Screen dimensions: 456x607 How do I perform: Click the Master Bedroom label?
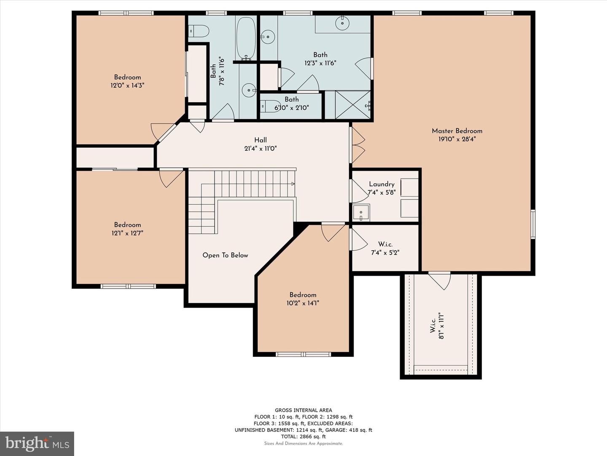[x=457, y=131]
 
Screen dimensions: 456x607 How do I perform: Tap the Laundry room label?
[x=381, y=184]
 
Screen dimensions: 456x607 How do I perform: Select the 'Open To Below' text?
[x=225, y=255]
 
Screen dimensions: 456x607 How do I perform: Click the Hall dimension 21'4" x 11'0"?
[x=260, y=149]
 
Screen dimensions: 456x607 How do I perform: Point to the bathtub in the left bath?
[x=246, y=38]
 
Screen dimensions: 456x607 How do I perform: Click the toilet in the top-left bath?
[x=199, y=31]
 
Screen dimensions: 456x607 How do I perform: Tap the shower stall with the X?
[x=347, y=105]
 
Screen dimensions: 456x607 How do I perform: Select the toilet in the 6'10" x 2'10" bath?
[x=269, y=106]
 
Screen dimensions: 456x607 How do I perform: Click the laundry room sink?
[x=361, y=212]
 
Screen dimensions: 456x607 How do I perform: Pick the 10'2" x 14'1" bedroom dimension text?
[x=303, y=303]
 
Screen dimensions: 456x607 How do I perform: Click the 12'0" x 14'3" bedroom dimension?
[x=127, y=85]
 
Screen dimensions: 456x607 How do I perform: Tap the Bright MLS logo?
[x=37, y=443]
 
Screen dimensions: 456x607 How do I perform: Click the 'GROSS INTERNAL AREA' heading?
[x=303, y=410]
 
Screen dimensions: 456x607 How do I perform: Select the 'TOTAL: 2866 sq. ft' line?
[x=303, y=437]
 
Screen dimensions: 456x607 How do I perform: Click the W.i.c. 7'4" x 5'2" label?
[x=385, y=249]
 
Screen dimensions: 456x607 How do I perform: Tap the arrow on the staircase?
[x=293, y=184]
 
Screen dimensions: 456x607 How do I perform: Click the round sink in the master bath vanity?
[x=343, y=23]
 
